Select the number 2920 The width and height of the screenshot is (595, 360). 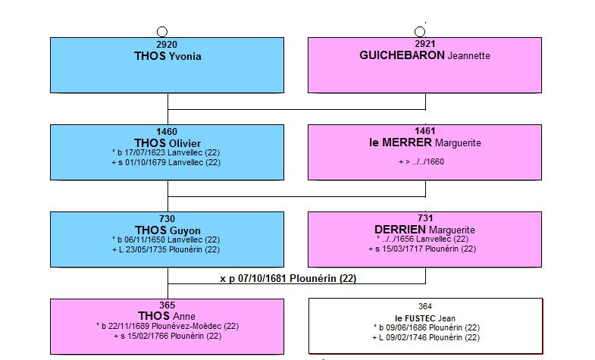(x=167, y=45)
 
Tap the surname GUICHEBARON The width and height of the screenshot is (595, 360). (x=402, y=55)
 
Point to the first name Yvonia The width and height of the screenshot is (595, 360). (x=185, y=57)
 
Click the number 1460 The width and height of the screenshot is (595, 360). (x=167, y=132)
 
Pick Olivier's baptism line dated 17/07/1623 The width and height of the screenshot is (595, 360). (x=166, y=152)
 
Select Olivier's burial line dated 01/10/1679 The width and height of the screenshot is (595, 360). (x=166, y=162)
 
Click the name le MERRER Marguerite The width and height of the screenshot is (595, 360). (x=425, y=142)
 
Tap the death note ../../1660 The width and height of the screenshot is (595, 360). (x=421, y=161)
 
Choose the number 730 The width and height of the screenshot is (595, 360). (x=167, y=219)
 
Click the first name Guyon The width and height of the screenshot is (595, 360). (x=185, y=230)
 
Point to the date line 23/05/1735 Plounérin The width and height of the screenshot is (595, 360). (x=166, y=249)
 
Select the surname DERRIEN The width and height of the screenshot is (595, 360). (x=400, y=230)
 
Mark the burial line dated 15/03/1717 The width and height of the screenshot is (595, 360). (x=422, y=249)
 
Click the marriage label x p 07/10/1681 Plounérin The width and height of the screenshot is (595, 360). (x=288, y=278)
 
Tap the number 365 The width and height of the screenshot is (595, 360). (x=167, y=305)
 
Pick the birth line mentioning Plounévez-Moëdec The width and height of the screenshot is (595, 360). (x=168, y=326)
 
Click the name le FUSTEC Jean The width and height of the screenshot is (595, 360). (x=425, y=318)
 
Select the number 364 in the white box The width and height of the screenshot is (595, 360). (x=425, y=306)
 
